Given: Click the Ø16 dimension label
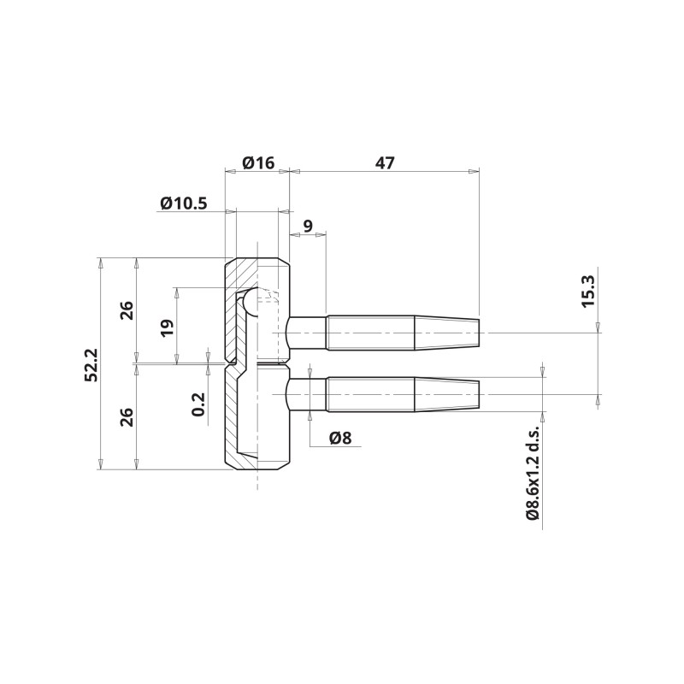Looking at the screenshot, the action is pyautogui.click(x=258, y=162).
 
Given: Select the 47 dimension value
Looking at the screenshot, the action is pyautogui.click(x=385, y=162).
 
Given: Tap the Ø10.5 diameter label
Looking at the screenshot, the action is pyautogui.click(x=184, y=203).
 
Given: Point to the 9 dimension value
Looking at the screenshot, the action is pyautogui.click(x=308, y=226).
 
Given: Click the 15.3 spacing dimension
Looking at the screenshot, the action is pyautogui.click(x=588, y=291).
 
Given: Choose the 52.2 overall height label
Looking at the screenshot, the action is pyautogui.click(x=91, y=365).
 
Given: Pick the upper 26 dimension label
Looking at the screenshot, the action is pyautogui.click(x=127, y=310).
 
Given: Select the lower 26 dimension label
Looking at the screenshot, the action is pyautogui.click(x=127, y=417).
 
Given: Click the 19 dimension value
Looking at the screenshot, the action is pyautogui.click(x=167, y=328).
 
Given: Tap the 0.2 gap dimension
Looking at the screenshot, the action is pyautogui.click(x=198, y=404).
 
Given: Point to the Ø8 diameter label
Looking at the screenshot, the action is pyautogui.click(x=340, y=438).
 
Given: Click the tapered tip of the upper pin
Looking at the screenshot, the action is pyautogui.click(x=446, y=333).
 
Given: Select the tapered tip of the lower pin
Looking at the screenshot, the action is pyautogui.click(x=446, y=394).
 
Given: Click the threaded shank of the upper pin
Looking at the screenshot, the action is pyautogui.click(x=370, y=333).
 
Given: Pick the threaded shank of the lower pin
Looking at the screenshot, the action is pyautogui.click(x=370, y=394).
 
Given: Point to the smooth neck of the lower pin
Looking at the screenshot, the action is pyautogui.click(x=306, y=394).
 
